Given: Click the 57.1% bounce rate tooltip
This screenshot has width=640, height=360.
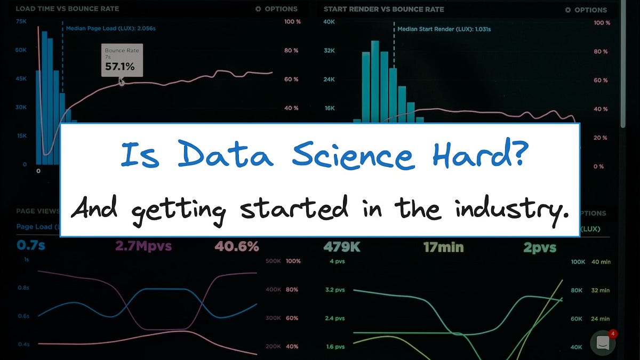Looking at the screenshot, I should click(122, 60).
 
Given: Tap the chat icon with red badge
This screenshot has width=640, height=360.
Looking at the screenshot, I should click(603, 343).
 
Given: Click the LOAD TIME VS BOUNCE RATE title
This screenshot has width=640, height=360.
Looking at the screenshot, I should click(68, 9).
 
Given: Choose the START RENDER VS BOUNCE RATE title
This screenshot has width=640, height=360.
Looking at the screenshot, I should click(383, 9).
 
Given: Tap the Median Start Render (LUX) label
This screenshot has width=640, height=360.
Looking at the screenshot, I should click(444, 29).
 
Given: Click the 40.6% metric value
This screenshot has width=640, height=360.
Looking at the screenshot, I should click(237, 247).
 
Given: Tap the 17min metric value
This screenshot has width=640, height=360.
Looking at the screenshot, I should click(443, 247).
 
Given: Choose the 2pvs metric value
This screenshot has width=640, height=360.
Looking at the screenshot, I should click(539, 247).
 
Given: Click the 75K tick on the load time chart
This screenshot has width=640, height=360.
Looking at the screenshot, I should click(21, 21).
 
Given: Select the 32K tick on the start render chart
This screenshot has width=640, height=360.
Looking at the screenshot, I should click(329, 51).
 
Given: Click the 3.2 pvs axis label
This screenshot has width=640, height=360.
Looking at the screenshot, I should click(335, 290).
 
